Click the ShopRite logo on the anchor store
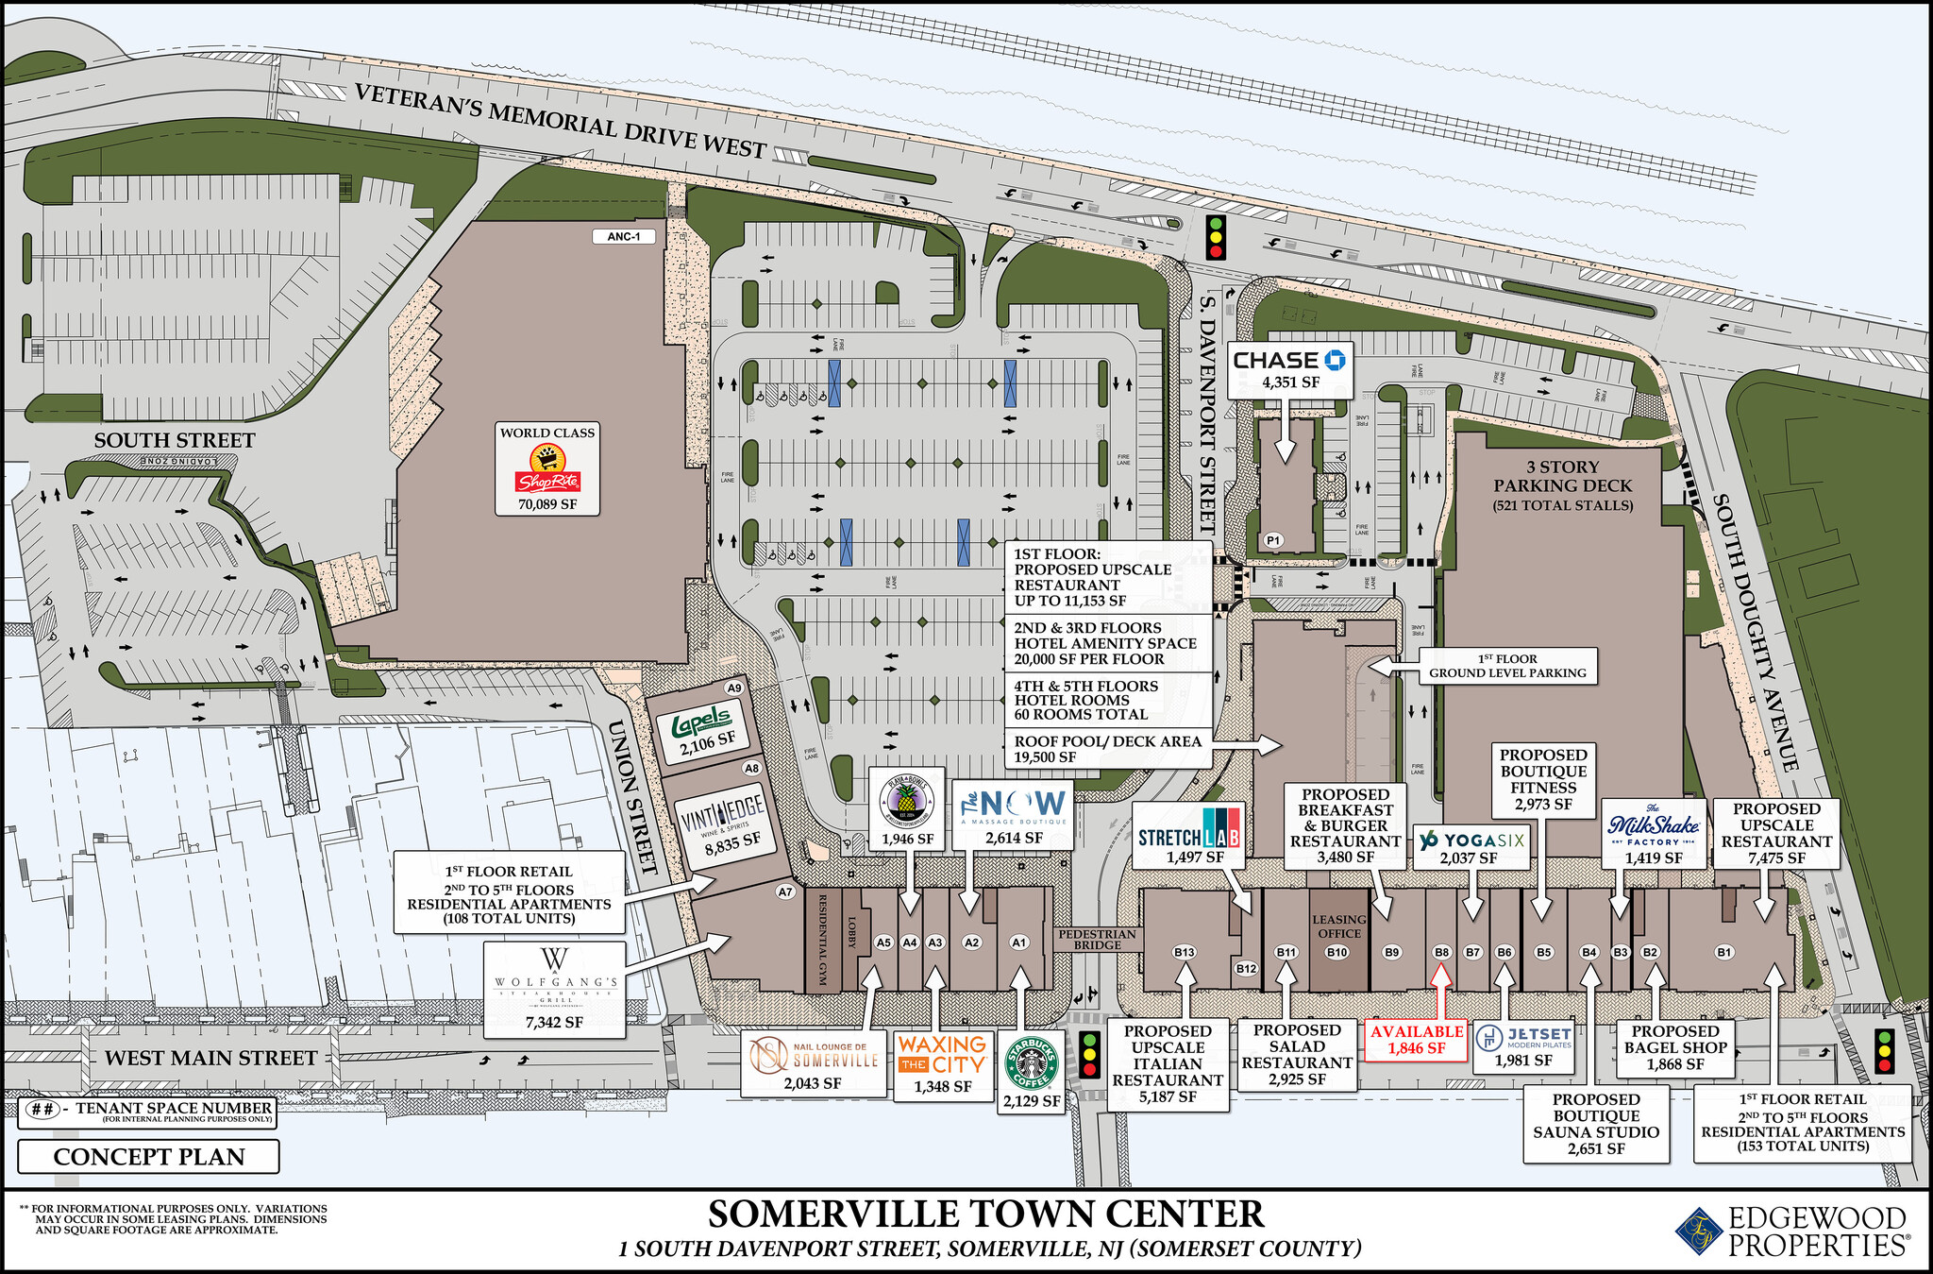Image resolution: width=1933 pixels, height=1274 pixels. click(x=547, y=469)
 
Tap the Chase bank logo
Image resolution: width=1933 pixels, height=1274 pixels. click(x=1289, y=360)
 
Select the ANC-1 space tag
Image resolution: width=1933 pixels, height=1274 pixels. click(x=624, y=236)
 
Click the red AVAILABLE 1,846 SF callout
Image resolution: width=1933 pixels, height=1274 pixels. click(x=1417, y=1039)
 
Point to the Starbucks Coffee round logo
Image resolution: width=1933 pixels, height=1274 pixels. click(x=1032, y=1064)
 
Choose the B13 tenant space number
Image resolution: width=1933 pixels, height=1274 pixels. click(x=1184, y=952)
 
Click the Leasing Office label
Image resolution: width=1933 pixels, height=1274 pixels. click(x=1338, y=926)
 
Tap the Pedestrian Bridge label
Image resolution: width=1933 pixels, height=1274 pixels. click(x=1097, y=939)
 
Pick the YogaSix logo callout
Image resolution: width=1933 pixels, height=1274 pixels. click(x=1470, y=841)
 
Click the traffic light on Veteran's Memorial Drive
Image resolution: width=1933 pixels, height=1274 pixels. click(x=1217, y=237)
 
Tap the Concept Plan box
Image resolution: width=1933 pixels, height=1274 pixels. click(x=148, y=1157)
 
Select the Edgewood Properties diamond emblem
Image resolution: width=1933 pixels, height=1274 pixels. click(x=1699, y=1232)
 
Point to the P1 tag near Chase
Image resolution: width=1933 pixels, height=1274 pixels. click(x=1274, y=540)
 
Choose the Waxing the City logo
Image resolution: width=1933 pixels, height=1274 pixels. click(x=942, y=1054)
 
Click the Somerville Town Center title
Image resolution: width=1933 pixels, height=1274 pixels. click(x=985, y=1215)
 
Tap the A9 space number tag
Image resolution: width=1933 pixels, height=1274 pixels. click(x=734, y=688)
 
